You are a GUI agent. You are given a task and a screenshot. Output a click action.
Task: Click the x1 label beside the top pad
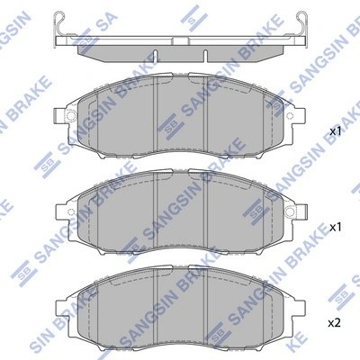coord(337,132)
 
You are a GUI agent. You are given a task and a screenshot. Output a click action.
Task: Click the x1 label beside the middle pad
coord(337,227)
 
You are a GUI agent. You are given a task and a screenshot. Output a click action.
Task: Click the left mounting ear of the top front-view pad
coord(61,116)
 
